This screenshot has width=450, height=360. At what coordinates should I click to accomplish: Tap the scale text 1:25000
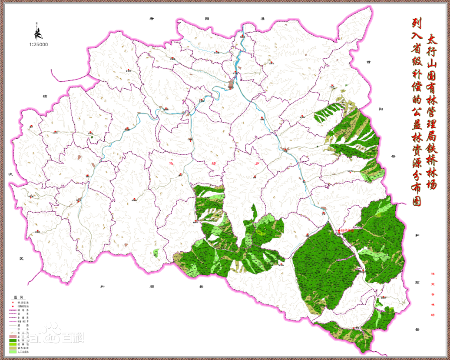[x=39, y=44]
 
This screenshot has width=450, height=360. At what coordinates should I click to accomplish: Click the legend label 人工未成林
[x=23, y=352]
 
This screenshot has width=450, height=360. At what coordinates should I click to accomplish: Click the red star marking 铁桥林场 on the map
[x=339, y=230]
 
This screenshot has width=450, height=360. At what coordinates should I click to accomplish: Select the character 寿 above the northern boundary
[x=152, y=19]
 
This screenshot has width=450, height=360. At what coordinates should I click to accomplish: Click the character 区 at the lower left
[x=21, y=259]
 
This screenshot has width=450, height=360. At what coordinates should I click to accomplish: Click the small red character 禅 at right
[x=432, y=273]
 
